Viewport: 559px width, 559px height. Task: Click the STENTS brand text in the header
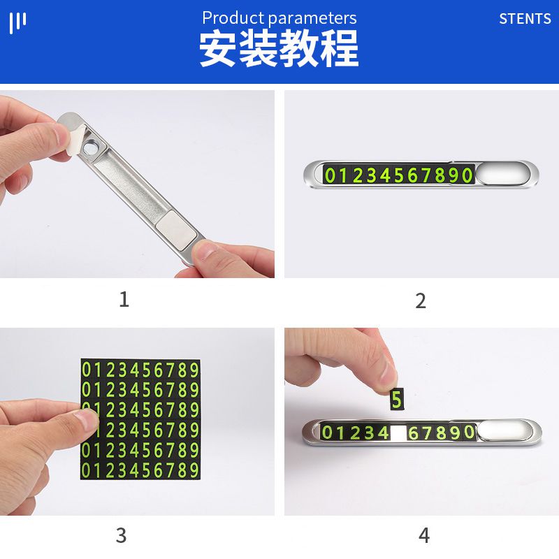pyautogui.click(x=525, y=19)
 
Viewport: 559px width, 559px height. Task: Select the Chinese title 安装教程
pyautogui.click(x=279, y=48)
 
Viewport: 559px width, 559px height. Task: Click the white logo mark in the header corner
pyautogui.click(x=17, y=22)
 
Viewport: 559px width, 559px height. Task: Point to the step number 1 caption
pyautogui.click(x=124, y=300)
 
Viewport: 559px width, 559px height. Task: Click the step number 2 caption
pyautogui.click(x=421, y=301)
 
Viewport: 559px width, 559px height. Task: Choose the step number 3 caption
pyautogui.click(x=122, y=536)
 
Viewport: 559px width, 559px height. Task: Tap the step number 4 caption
pyautogui.click(x=424, y=536)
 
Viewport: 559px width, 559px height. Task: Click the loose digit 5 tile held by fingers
pyautogui.click(x=397, y=400)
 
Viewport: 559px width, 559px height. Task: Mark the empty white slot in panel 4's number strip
pyautogui.click(x=398, y=433)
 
